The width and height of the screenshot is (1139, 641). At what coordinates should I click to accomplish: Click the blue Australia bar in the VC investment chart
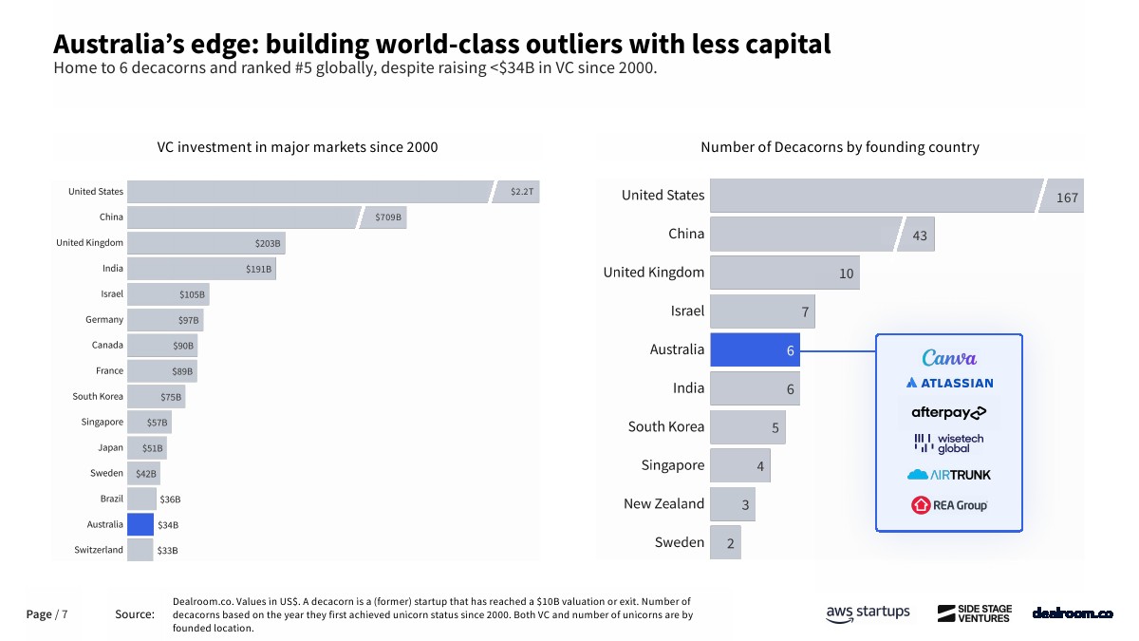pyautogui.click(x=140, y=524)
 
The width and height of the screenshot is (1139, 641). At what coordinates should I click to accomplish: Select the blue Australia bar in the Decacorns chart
pyautogui.click(x=755, y=349)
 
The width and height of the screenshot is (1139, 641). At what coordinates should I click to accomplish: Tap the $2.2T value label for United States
pyautogui.click(x=523, y=192)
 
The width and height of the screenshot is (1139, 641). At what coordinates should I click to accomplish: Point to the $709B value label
pyautogui.click(x=388, y=217)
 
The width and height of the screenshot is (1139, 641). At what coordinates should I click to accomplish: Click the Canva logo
pyautogui.click(x=949, y=358)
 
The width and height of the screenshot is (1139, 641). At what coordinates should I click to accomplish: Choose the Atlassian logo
pyautogui.click(x=949, y=383)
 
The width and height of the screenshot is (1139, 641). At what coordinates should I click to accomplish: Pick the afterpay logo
pyautogui.click(x=949, y=412)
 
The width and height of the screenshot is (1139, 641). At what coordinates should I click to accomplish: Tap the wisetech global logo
pyautogui.click(x=949, y=443)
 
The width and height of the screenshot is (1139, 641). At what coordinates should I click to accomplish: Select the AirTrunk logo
pyautogui.click(x=949, y=474)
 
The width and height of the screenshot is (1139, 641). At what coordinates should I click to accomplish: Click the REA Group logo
pyautogui.click(x=949, y=505)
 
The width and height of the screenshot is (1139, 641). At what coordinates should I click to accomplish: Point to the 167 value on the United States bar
pyautogui.click(x=1067, y=198)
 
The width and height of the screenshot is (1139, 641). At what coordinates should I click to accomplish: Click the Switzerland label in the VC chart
pyautogui.click(x=99, y=550)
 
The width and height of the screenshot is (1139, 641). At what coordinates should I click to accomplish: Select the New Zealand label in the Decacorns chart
pyautogui.click(x=663, y=503)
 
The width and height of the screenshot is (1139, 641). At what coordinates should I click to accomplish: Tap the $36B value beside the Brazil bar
pyautogui.click(x=170, y=500)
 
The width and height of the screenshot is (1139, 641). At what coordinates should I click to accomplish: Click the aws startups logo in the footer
pyautogui.click(x=868, y=613)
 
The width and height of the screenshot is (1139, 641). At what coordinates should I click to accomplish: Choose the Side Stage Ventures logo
pyautogui.click(x=974, y=613)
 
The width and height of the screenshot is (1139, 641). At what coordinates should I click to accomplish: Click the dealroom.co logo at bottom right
pyautogui.click(x=1073, y=613)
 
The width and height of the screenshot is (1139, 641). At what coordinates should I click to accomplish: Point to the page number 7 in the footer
pyautogui.click(x=65, y=614)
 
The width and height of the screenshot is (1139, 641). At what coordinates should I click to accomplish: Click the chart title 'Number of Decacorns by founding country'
pyautogui.click(x=840, y=147)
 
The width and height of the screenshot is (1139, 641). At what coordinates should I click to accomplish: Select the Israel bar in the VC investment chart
pyautogui.click(x=167, y=294)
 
